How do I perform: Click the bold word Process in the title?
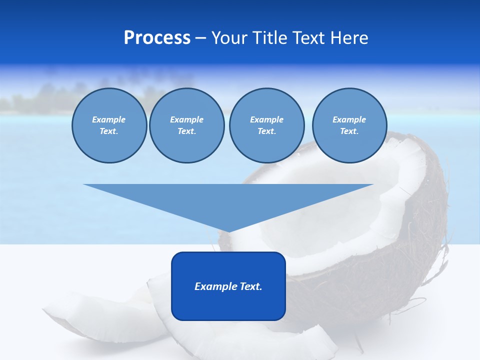pos(157,38)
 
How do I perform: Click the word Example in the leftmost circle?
pos(108,119)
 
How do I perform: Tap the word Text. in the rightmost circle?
pos(349,131)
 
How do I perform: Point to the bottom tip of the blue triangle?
pos(228,231)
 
